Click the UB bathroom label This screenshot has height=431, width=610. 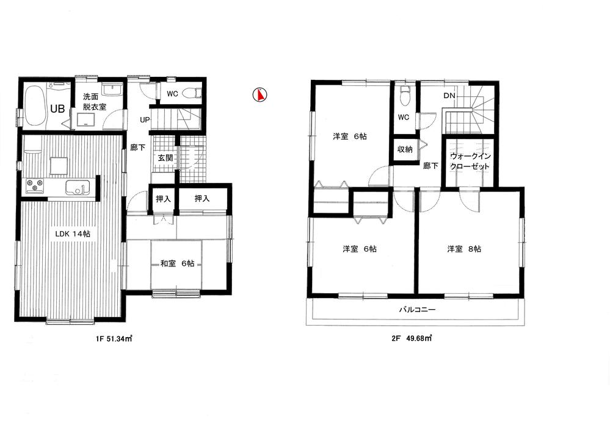pos(58,109)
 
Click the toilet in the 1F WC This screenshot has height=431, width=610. pos(194,93)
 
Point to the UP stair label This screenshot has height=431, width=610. pos(145,119)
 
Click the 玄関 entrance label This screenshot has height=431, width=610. pos(165,158)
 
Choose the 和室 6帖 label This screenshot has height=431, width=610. pos(178,263)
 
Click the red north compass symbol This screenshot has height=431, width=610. pos(261,94)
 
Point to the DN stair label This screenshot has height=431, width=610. pos(449,96)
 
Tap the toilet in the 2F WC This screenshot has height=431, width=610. pos(404,96)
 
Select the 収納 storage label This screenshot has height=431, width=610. pos(404,149)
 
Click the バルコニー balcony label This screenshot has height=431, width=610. pos(417,310)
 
